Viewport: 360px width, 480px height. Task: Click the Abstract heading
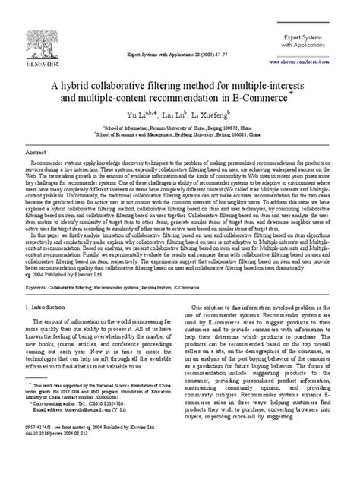tap(34, 131)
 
